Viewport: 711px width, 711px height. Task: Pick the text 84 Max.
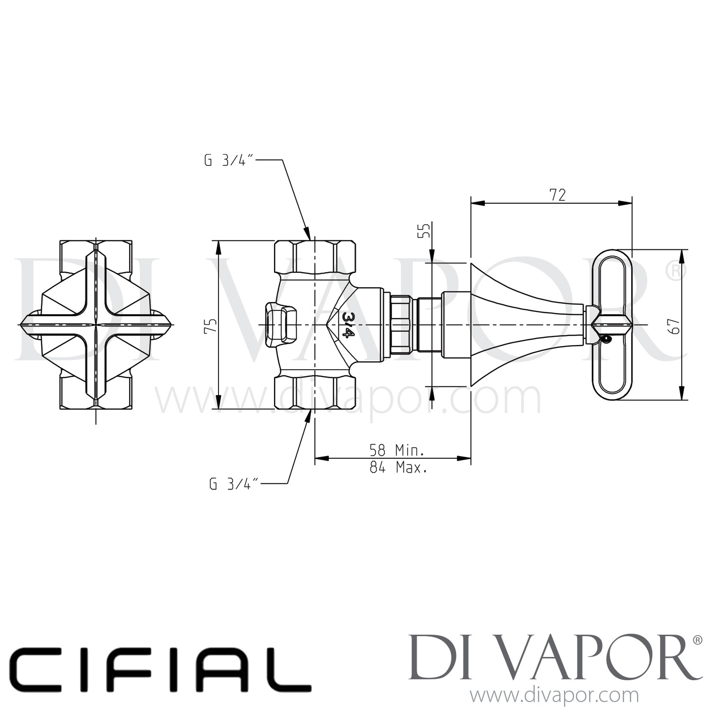(398, 468)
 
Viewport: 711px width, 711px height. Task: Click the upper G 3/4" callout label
(230, 161)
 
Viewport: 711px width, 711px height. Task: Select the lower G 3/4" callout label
(234, 484)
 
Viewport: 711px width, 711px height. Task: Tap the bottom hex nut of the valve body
(315, 393)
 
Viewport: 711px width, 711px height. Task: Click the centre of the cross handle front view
(96, 325)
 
